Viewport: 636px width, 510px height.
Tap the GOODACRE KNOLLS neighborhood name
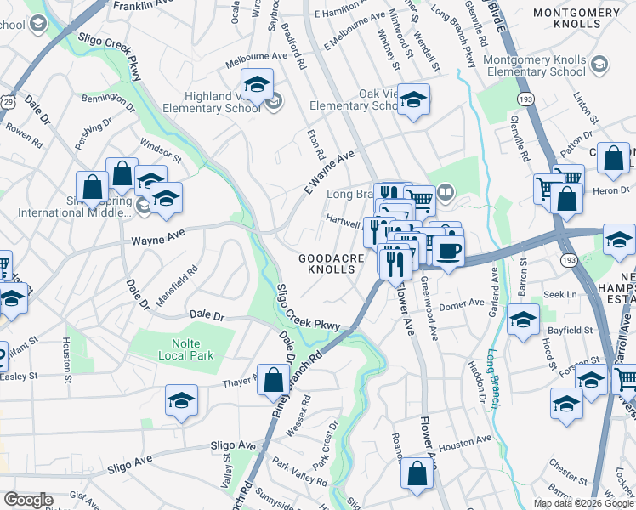coord(337,263)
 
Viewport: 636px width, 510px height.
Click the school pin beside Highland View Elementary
coord(256,84)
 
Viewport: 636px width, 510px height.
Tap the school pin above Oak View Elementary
coord(412,99)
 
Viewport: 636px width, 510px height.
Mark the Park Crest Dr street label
coord(327,442)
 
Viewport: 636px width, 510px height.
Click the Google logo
coord(28,500)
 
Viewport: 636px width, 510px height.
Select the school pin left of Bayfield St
coord(524,320)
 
